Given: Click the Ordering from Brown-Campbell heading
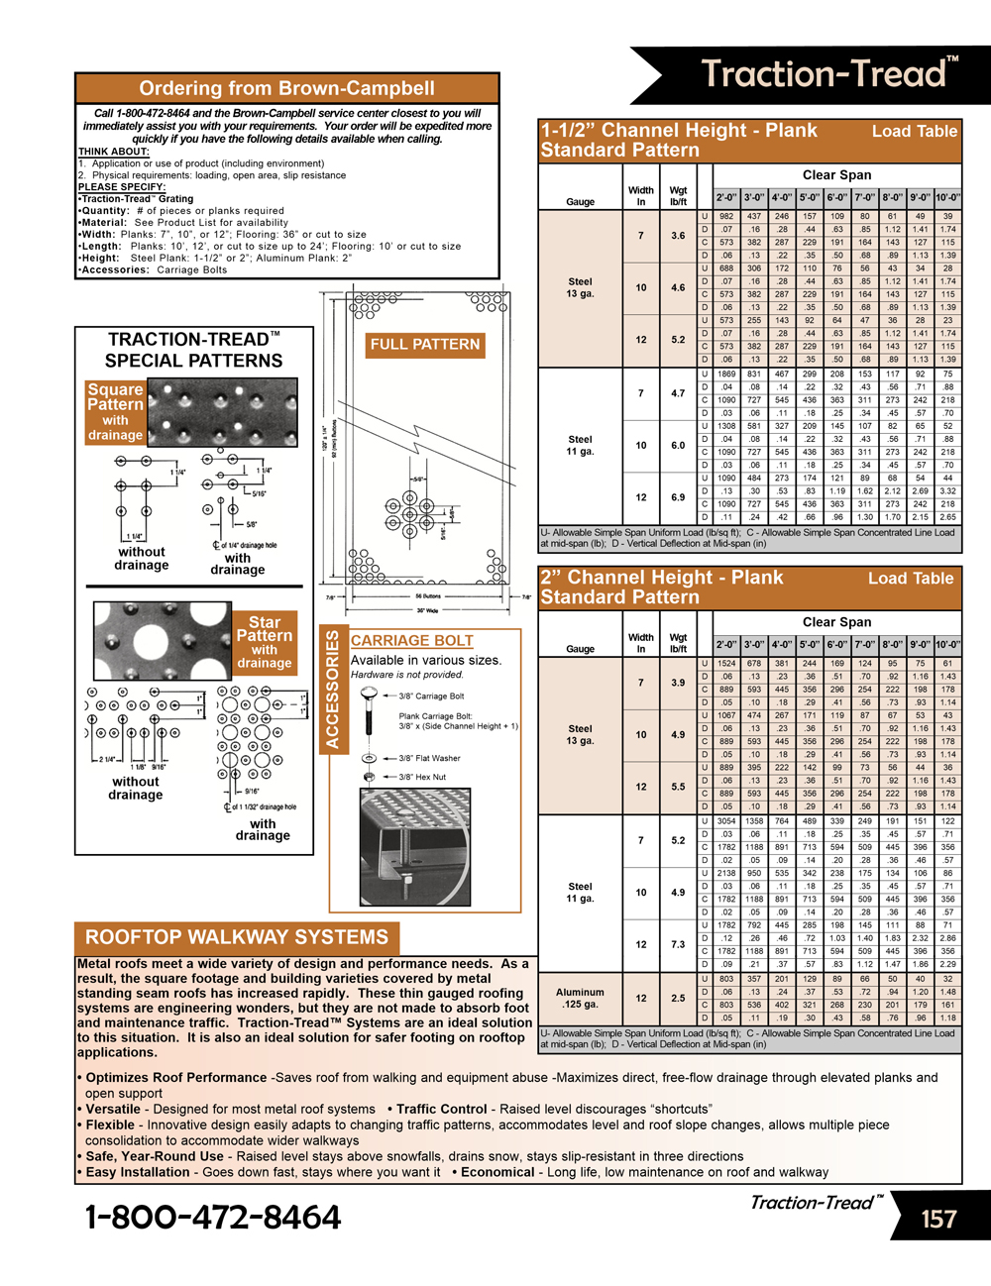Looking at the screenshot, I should tap(286, 88).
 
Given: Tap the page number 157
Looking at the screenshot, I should tap(937, 1219).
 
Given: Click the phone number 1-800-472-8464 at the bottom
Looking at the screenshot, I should tap(213, 1217).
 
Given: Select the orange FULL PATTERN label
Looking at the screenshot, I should tap(424, 344).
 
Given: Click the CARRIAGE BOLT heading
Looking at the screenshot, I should tap(411, 641).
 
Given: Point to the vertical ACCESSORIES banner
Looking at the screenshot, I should tap(332, 690).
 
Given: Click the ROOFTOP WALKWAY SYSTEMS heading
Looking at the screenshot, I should tap(236, 937).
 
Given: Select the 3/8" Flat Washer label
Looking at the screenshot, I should tap(429, 758).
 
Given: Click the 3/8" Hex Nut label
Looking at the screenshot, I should tap(422, 777).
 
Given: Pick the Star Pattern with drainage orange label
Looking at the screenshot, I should tap(264, 642).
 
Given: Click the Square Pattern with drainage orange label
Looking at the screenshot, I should tap(115, 411).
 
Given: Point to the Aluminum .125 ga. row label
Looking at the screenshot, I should tap(580, 998).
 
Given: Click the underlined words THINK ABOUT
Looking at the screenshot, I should tap(113, 152).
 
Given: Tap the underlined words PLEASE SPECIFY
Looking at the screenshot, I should tap(122, 186).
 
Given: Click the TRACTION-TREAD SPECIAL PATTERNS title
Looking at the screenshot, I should tap(193, 350).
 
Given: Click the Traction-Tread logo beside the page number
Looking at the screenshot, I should tap(816, 1203).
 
